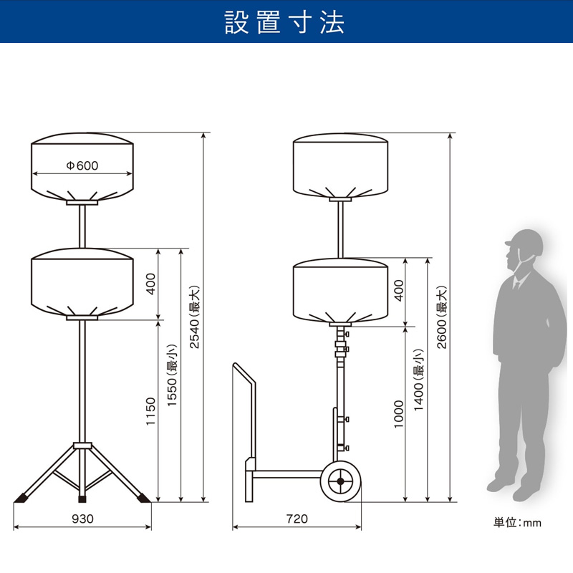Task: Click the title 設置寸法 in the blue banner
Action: point(284,22)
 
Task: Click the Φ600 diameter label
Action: point(82,165)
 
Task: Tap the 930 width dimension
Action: point(82,519)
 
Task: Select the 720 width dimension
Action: point(297,519)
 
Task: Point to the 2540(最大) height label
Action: point(194,317)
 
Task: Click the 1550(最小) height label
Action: point(171,375)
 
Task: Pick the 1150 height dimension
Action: point(150,411)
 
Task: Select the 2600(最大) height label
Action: point(442,317)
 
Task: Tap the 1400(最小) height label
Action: point(418,380)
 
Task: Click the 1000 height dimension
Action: point(398,414)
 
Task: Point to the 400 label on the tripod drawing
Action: point(150,284)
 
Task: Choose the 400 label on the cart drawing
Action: point(399,291)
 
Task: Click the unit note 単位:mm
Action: point(517,523)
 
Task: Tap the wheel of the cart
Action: point(341,481)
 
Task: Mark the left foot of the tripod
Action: point(22,498)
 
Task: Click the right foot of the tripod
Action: point(144,498)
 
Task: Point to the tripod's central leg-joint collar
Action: point(82,446)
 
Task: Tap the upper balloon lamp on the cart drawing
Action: point(341,165)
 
